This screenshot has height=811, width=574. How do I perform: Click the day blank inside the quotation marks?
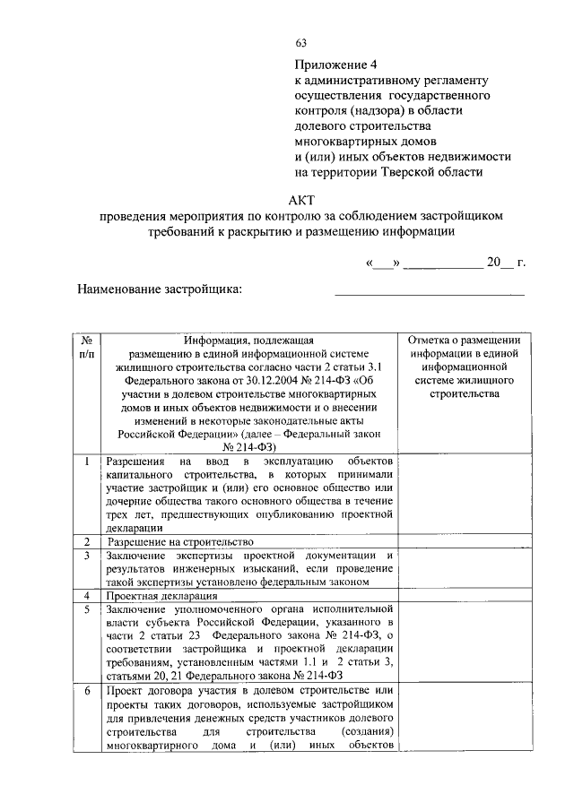[x=382, y=263]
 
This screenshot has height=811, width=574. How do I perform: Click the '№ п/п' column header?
[x=86, y=348]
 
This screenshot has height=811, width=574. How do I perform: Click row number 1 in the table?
[x=86, y=461]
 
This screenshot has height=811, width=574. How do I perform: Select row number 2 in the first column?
[x=86, y=542]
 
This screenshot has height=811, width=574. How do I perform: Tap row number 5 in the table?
[x=86, y=608]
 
